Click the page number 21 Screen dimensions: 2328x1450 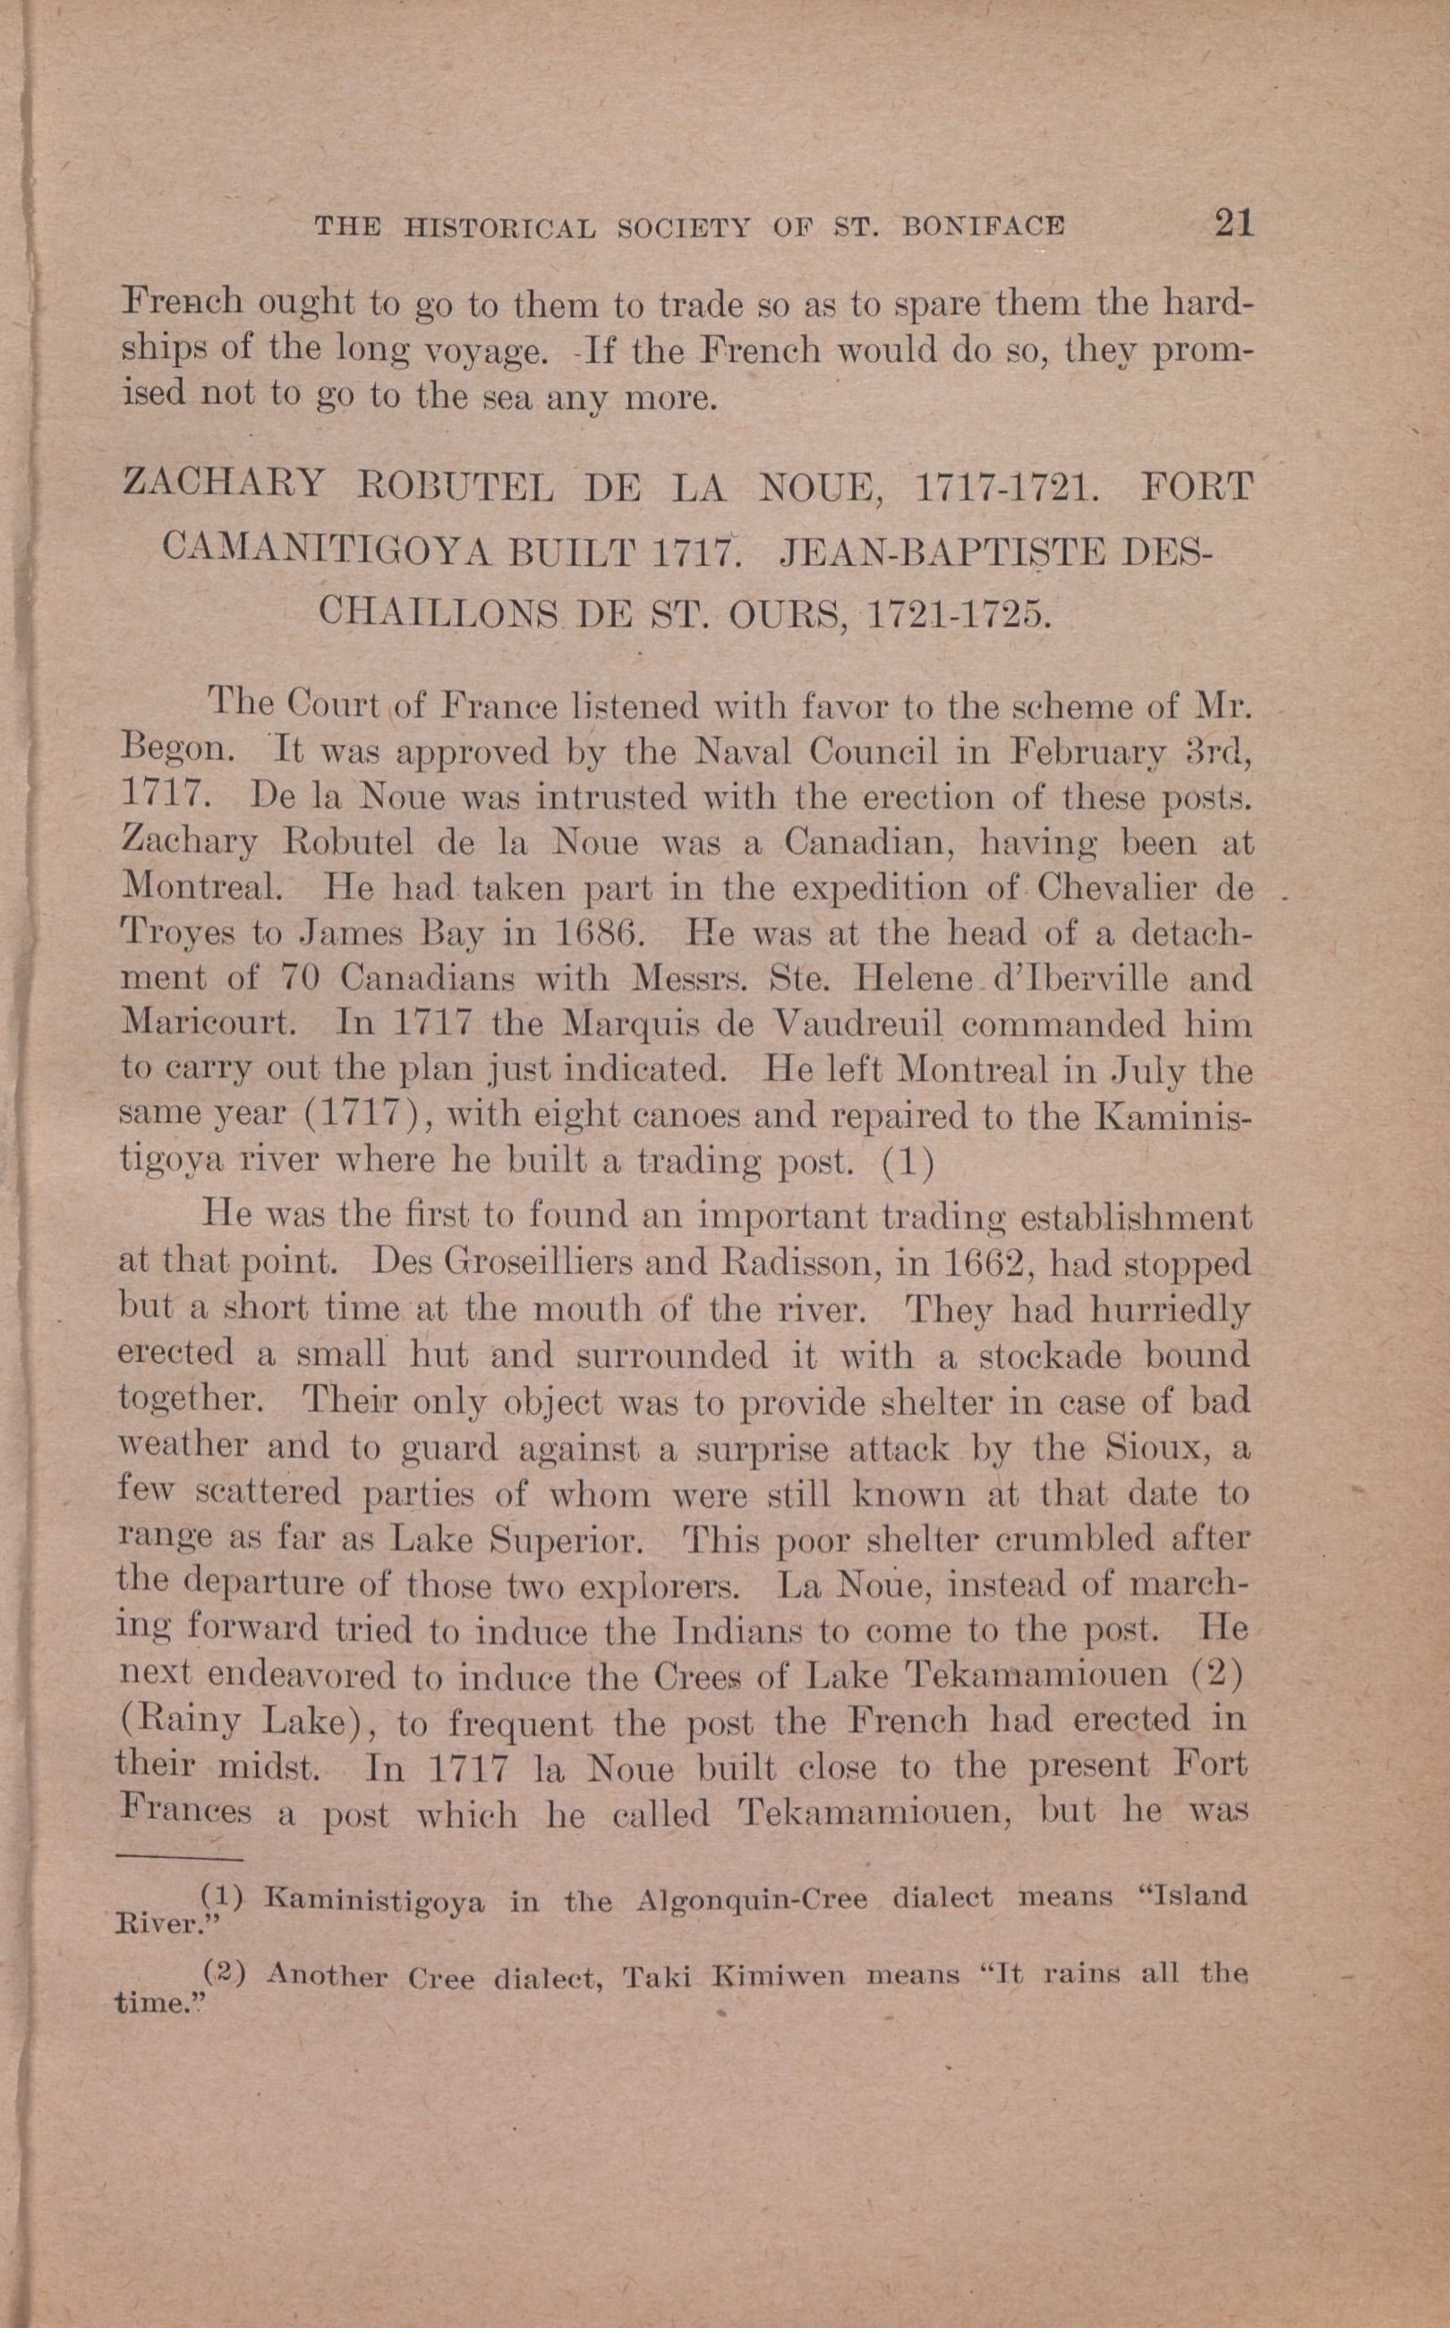tap(1233, 223)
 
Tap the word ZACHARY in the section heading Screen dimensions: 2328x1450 tap(226, 485)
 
